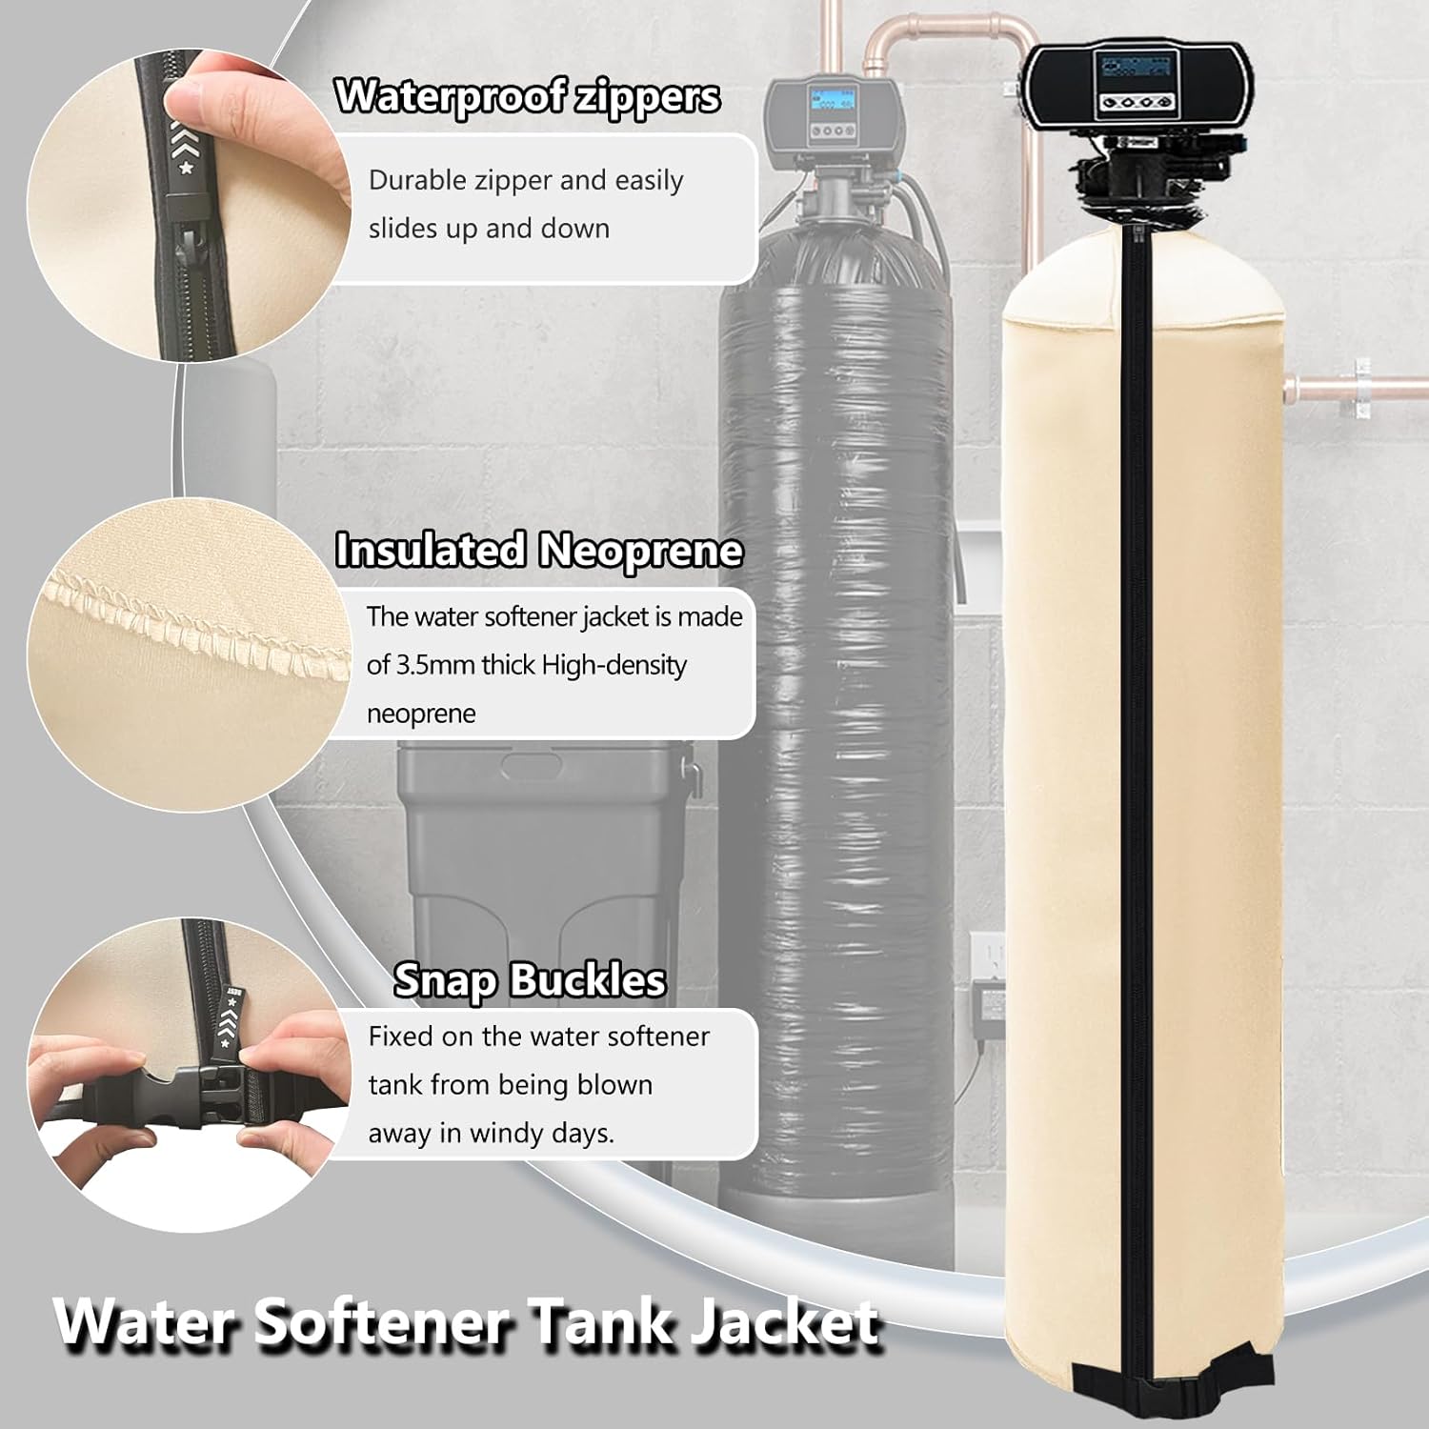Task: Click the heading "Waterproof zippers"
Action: (x=527, y=96)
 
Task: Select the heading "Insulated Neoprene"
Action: (x=538, y=550)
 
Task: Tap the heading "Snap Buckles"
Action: (x=530, y=979)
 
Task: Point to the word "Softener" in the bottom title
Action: (x=386, y=1322)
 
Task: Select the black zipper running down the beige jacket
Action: (x=1137, y=762)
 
